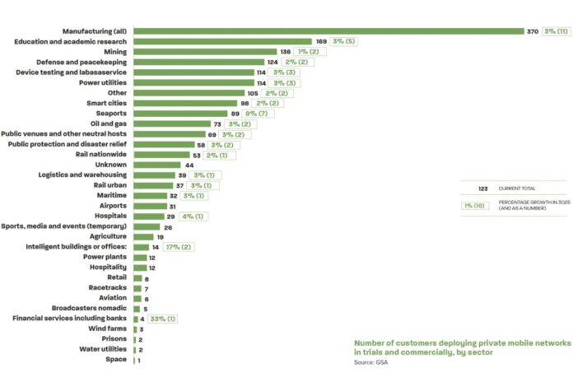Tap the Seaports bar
coord(180,114)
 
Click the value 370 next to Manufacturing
coord(532,31)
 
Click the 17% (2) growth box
coord(179,246)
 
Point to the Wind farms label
coord(107,328)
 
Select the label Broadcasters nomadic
coord(85,308)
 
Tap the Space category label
coord(115,359)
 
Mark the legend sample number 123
coord(483,189)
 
